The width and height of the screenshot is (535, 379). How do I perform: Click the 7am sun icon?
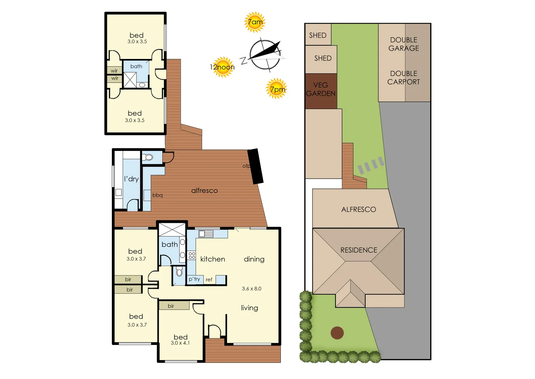click(x=255, y=22)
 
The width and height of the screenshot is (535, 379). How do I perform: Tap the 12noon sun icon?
click(x=223, y=67)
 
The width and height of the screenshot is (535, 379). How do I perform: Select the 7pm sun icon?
click(x=277, y=89)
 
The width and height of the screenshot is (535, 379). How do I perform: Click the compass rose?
click(x=265, y=55)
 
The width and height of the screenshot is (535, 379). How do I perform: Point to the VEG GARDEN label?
click(x=321, y=89)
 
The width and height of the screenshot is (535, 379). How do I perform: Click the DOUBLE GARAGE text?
click(x=404, y=44)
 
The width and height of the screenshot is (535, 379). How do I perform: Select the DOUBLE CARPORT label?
click(x=404, y=78)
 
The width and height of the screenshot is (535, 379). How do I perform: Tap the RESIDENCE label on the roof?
click(x=359, y=250)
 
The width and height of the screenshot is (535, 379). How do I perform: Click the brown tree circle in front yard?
click(x=337, y=333)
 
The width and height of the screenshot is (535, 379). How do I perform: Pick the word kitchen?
click(x=212, y=259)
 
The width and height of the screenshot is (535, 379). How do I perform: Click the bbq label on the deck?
click(x=157, y=195)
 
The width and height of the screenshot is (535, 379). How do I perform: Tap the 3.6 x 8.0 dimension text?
click(x=251, y=289)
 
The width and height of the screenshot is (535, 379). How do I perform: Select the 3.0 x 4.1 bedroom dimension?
click(x=180, y=343)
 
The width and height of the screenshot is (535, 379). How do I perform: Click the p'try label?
click(x=194, y=279)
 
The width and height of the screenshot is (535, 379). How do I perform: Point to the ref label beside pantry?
click(x=209, y=280)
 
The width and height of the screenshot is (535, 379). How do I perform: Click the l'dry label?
click(x=131, y=179)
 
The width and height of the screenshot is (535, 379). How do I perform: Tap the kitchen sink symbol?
click(x=206, y=234)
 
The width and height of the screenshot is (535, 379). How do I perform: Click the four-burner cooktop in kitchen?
click(x=191, y=255)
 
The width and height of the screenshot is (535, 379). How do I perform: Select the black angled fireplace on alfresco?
click(x=256, y=166)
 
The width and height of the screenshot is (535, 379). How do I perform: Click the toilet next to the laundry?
click(x=148, y=157)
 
